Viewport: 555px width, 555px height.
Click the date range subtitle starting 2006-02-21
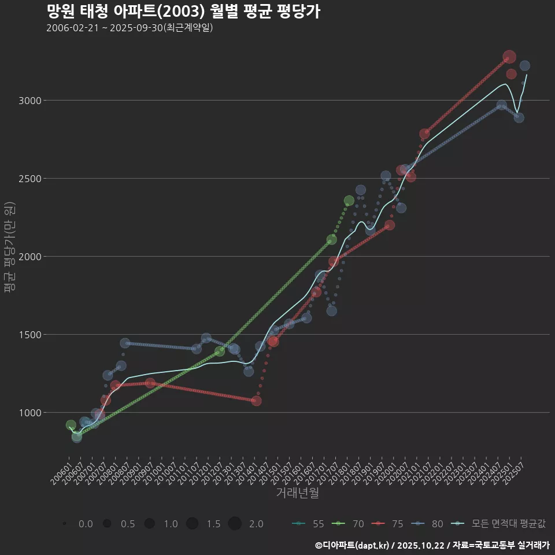(x=130, y=28)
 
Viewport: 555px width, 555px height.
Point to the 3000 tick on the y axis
(x=29, y=101)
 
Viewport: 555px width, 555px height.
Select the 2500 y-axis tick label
(x=29, y=179)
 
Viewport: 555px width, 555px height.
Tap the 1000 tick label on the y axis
(x=29, y=412)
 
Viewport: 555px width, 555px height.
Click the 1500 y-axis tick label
(x=29, y=334)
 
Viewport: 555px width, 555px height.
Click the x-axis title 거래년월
(x=297, y=493)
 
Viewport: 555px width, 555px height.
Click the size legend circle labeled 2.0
(x=234, y=524)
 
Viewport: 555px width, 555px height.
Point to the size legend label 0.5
(x=128, y=524)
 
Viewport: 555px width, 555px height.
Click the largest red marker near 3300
(x=509, y=57)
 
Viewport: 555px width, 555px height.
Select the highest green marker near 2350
(x=349, y=201)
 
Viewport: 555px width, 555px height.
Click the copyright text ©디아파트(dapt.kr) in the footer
(x=353, y=545)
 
